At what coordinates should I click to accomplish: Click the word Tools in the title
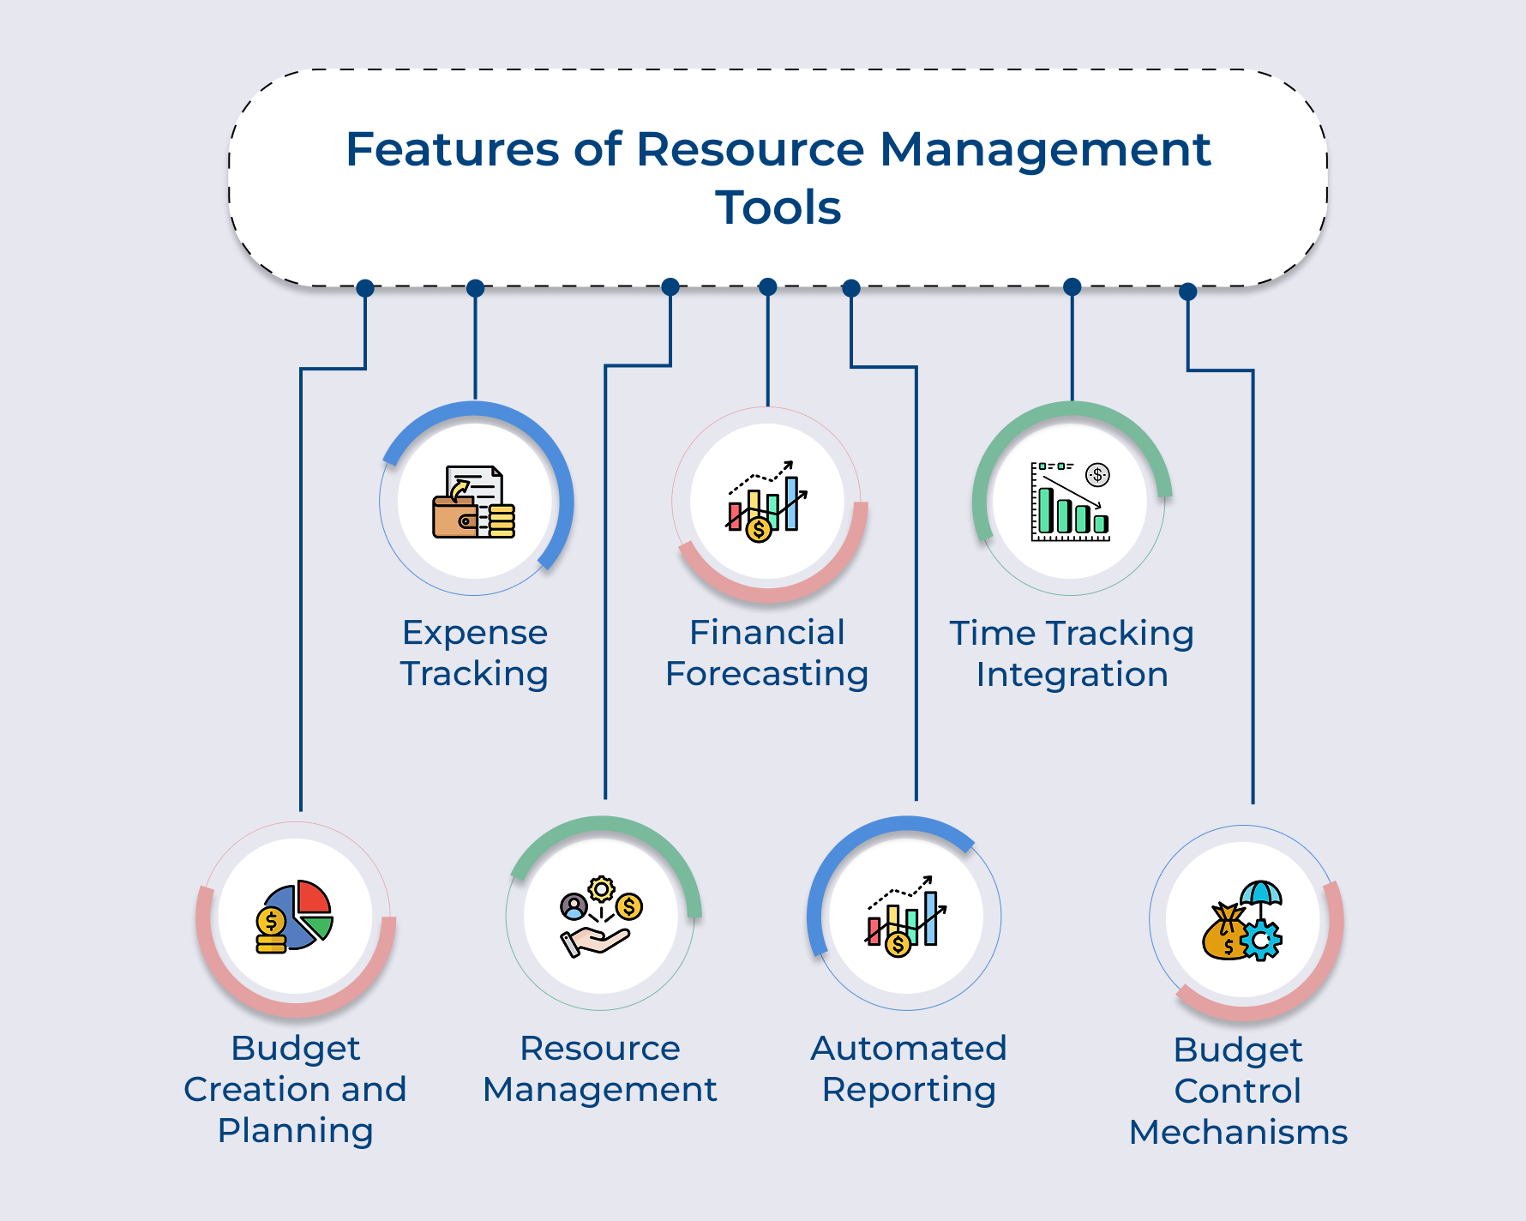point(778,208)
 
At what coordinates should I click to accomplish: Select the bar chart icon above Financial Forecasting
point(767,502)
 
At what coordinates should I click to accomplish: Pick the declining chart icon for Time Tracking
point(1071,502)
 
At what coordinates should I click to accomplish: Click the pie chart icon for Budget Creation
point(294,917)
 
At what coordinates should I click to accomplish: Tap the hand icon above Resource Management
point(601,917)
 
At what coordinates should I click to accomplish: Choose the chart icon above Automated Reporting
point(906,917)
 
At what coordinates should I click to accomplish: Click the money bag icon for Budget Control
point(1242,921)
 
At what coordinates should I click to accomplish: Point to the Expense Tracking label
point(475,653)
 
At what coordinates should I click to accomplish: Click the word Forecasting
point(767,674)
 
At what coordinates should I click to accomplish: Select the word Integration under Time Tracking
point(1072,675)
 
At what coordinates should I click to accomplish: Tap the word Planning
point(296,1131)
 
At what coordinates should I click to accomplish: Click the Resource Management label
point(600,1068)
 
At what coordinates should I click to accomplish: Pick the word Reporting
point(909,1090)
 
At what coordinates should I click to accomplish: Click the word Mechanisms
point(1239,1133)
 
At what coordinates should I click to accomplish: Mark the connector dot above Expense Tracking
point(475,288)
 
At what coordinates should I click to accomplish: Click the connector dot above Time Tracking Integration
point(1072,286)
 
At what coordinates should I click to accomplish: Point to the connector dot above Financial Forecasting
point(768,286)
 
